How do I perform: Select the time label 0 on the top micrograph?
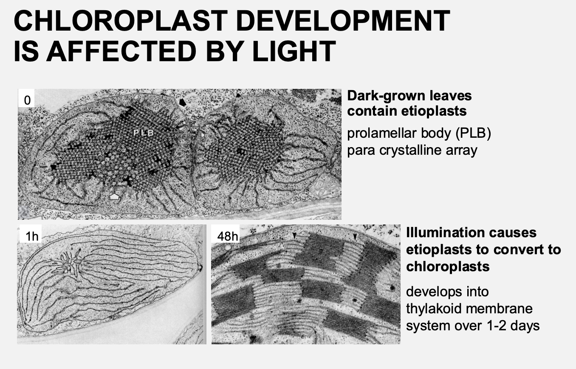click(27, 100)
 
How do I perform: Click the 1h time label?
click(32, 236)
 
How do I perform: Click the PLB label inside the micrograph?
click(143, 133)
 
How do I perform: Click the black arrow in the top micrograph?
click(183, 102)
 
